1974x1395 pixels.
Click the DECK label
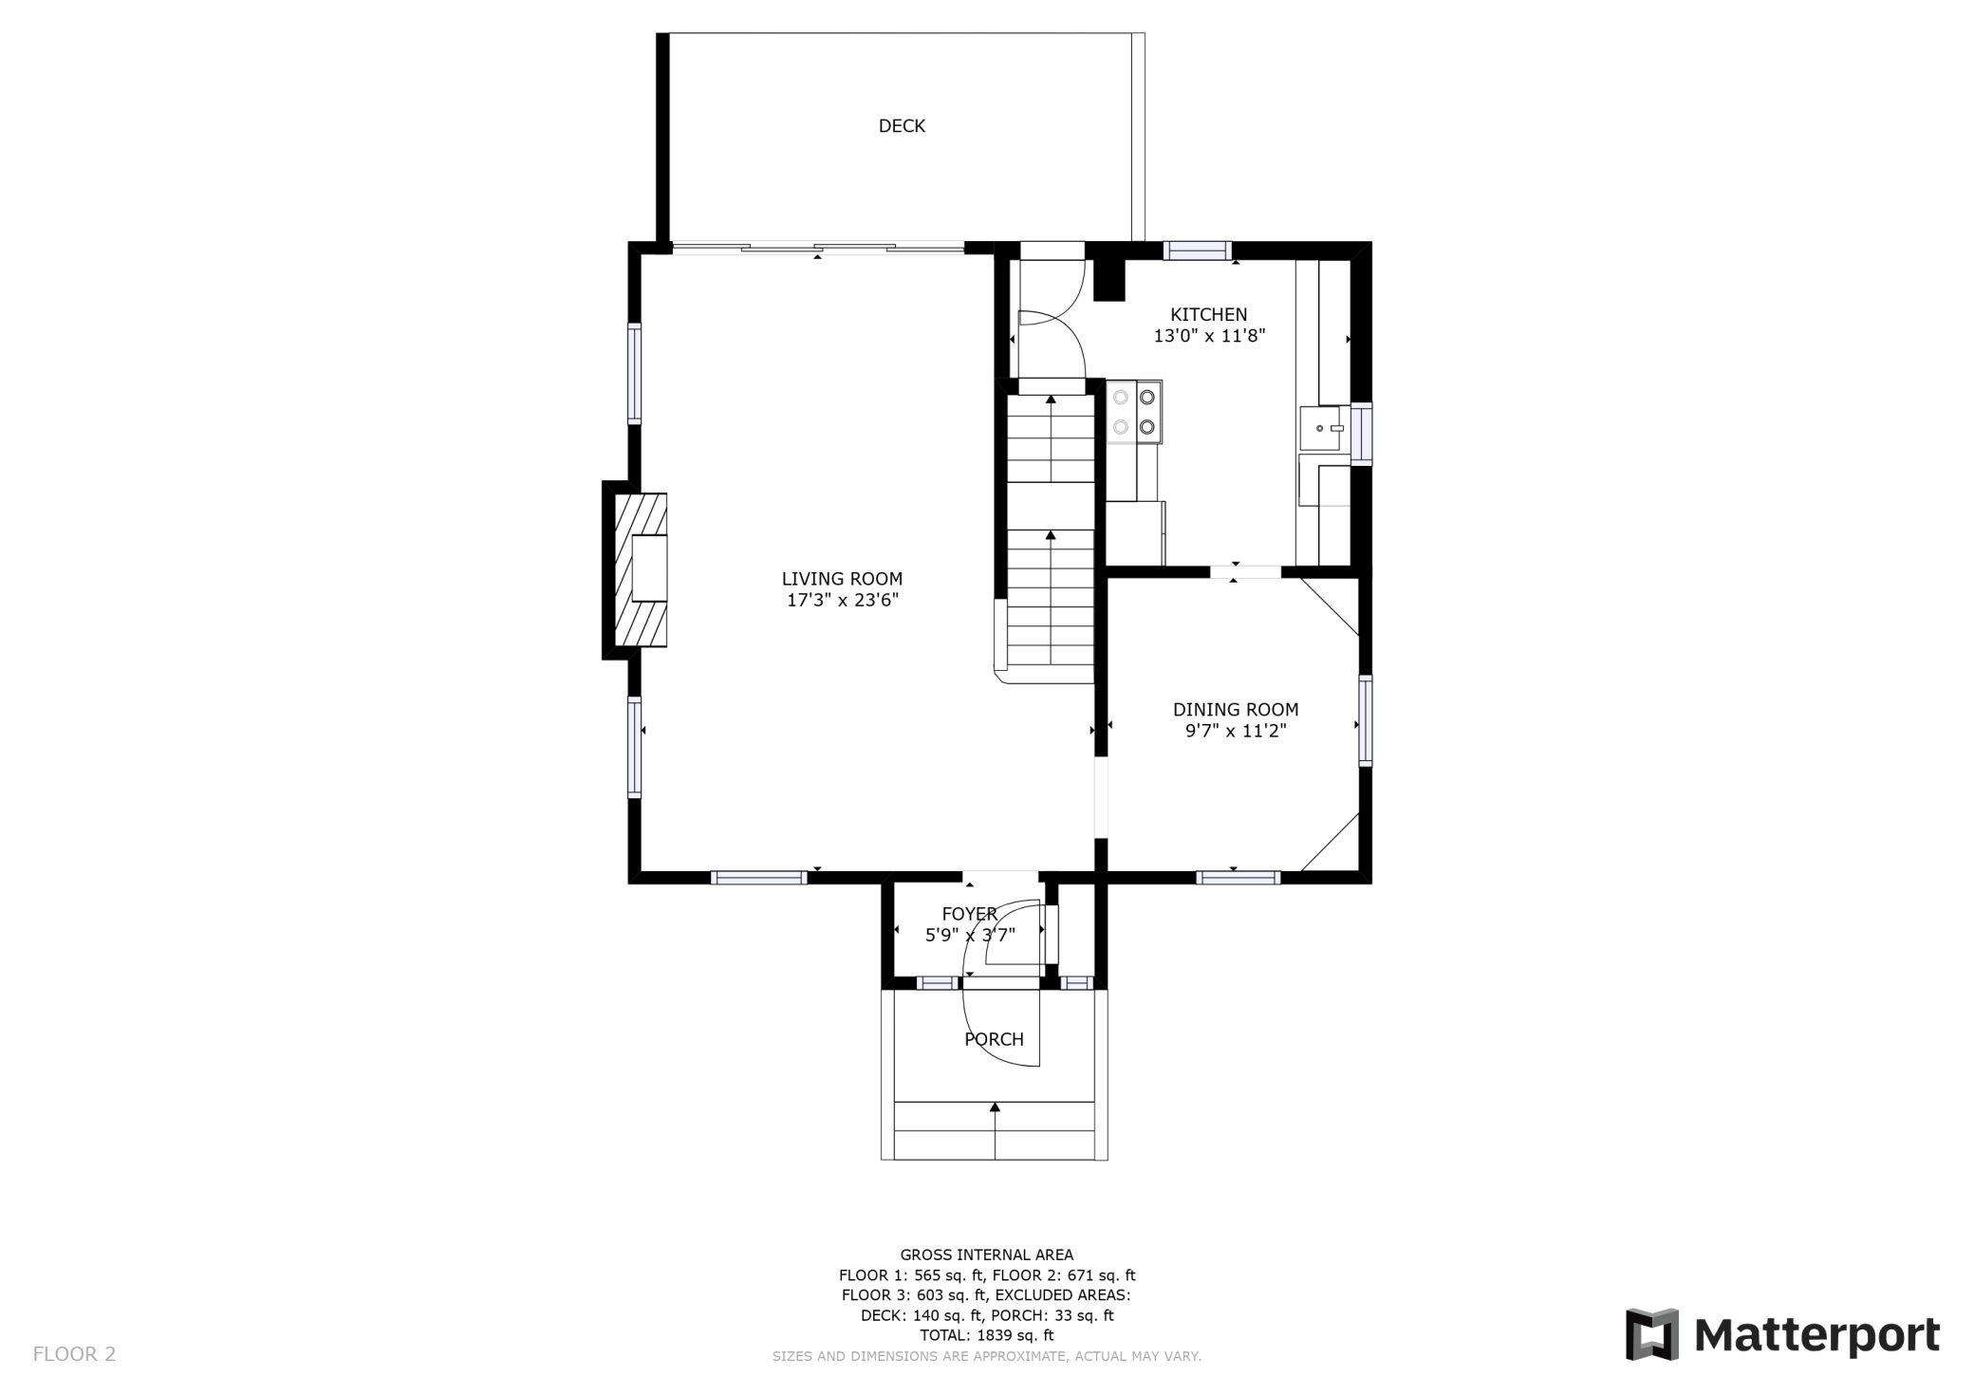tap(902, 126)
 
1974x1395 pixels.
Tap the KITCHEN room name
tap(1208, 314)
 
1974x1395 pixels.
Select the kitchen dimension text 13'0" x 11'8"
tap(1209, 336)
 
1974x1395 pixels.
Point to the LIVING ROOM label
tap(842, 579)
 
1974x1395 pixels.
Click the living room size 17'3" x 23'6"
tap(842, 600)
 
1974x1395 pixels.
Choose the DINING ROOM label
tap(1236, 710)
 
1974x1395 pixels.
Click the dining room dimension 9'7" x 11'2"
tap(1236, 731)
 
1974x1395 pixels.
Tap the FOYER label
tap(969, 914)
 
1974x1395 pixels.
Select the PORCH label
tap(994, 1039)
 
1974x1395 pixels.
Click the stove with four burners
tap(1134, 412)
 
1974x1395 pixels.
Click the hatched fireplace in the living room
tap(641, 569)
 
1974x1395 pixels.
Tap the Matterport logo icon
tap(1652, 1334)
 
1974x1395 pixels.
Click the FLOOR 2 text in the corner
tap(74, 1354)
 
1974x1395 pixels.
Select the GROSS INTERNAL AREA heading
tap(987, 1255)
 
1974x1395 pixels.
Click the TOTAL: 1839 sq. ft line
tap(987, 1335)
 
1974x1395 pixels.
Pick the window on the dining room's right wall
tap(1365, 720)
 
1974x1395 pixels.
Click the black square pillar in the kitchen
tap(1108, 281)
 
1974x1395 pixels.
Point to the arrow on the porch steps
tap(995, 1130)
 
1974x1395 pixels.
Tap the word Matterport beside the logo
tap(1816, 1336)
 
